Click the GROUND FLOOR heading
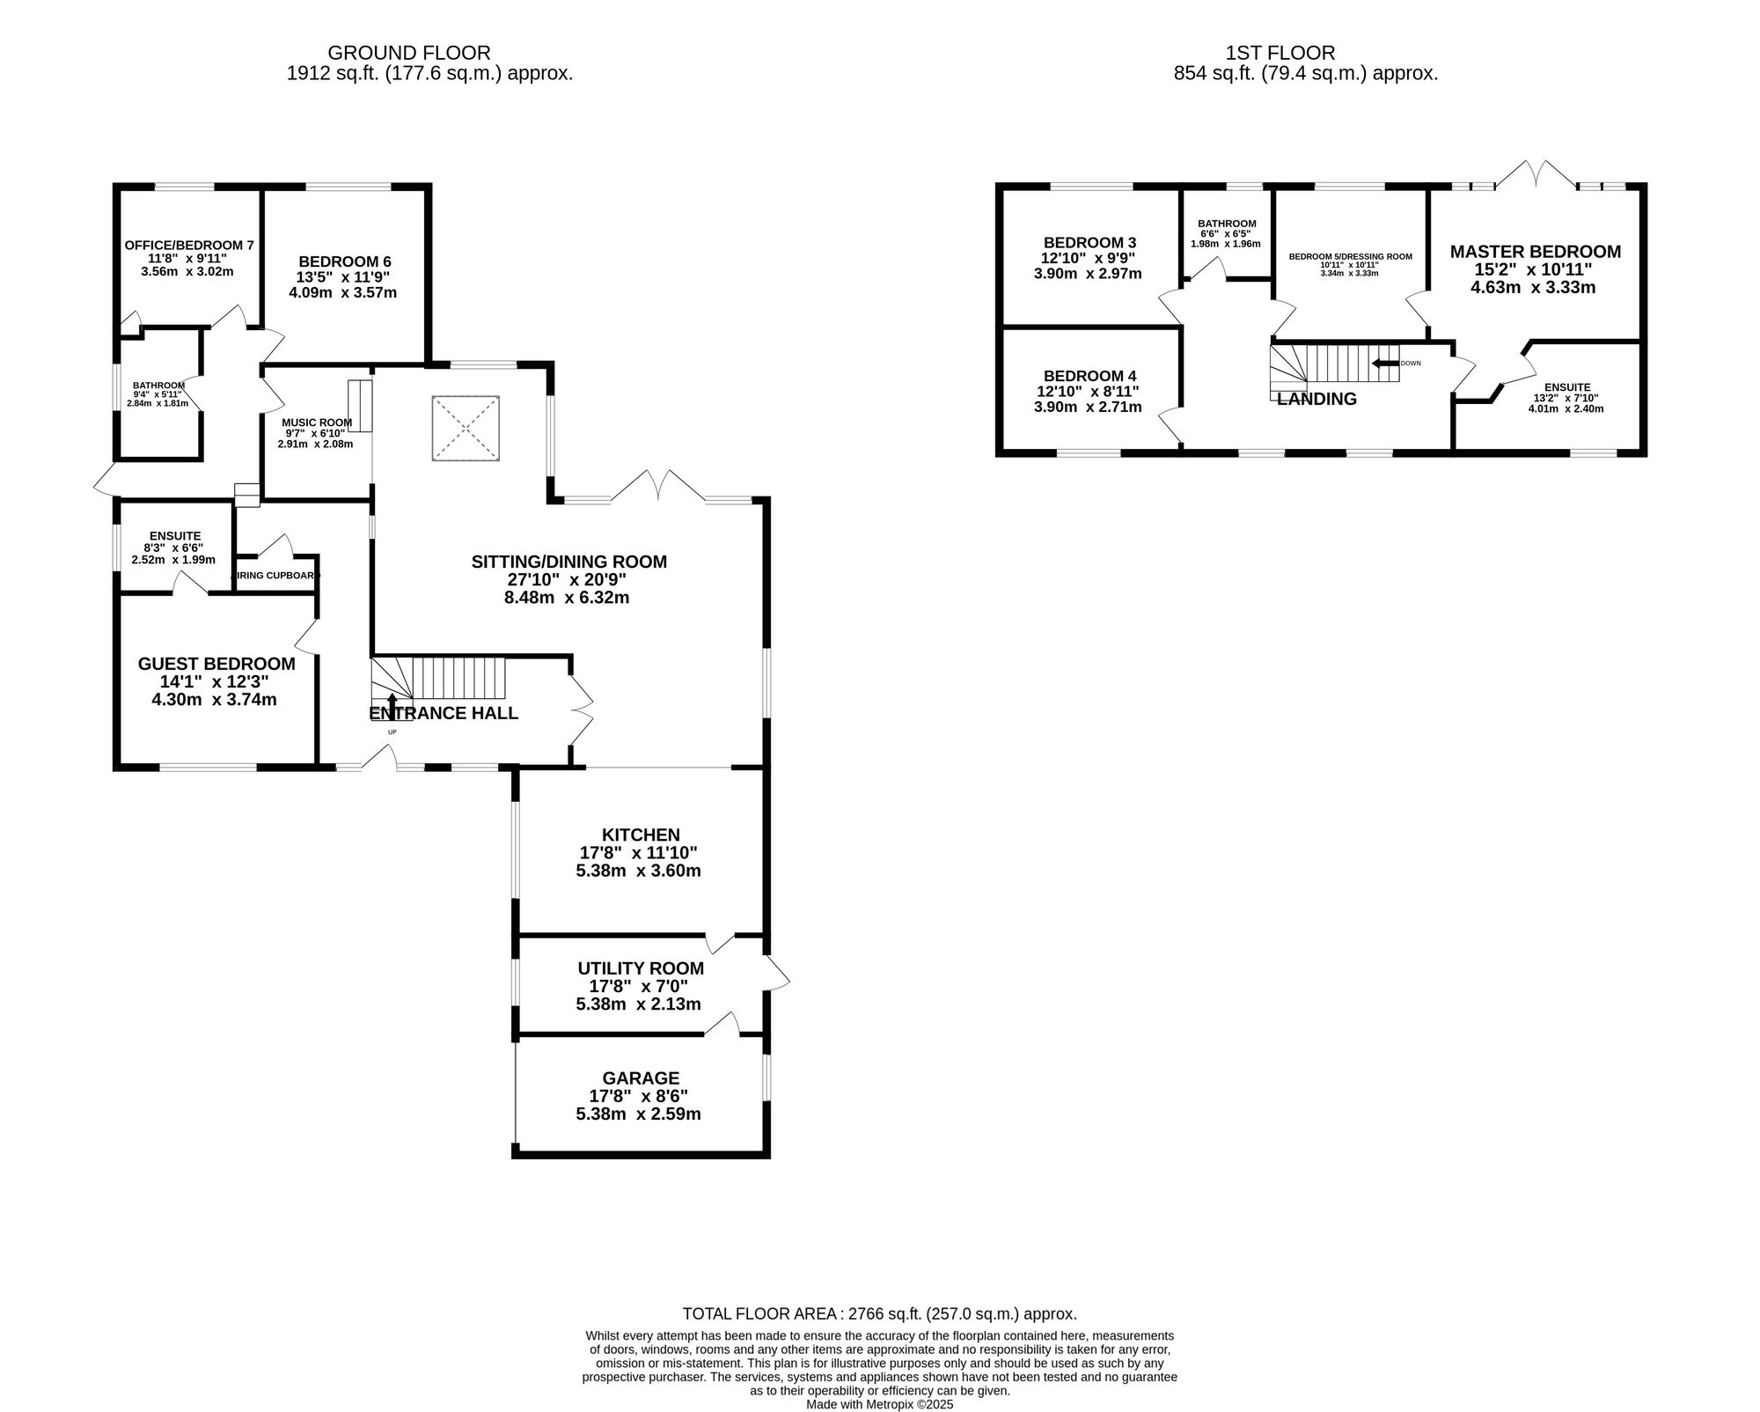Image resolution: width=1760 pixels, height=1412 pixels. coord(408,53)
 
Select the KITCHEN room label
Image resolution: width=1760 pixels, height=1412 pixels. coord(641,835)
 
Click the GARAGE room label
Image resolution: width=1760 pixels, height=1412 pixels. coord(641,1077)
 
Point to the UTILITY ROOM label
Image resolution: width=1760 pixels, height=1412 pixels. coord(641,968)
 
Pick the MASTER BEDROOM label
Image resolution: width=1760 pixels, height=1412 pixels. coord(1536,252)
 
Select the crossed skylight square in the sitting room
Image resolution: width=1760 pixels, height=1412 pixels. coord(466,428)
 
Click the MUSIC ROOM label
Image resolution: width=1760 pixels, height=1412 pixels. coord(317,423)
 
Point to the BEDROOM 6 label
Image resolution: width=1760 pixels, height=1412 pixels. coord(345,261)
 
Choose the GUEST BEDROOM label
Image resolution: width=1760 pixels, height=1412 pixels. coord(216,664)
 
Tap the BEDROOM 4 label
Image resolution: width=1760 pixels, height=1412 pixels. coord(1089,376)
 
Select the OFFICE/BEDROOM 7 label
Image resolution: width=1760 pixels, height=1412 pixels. coord(189,245)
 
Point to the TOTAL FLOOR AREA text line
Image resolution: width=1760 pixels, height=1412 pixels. coord(879,1313)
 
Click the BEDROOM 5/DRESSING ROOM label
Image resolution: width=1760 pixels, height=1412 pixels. coord(1350,256)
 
